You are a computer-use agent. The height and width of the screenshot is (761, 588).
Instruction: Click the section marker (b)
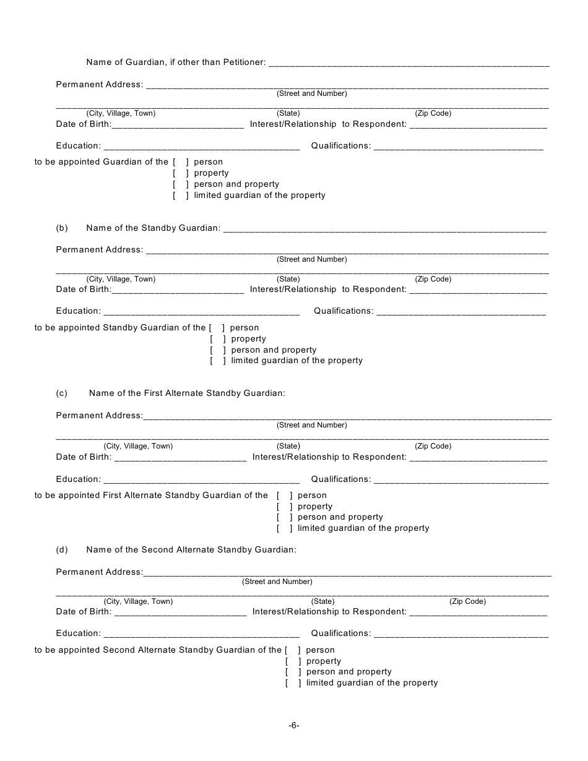(62, 228)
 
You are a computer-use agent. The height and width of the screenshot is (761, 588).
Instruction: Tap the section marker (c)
(62, 393)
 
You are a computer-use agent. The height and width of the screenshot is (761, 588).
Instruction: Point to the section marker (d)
(62, 549)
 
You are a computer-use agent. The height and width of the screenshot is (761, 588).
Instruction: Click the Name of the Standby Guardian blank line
(384, 229)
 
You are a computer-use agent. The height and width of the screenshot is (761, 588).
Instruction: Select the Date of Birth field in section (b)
(178, 290)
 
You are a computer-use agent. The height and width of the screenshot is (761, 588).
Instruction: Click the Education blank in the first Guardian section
(202, 147)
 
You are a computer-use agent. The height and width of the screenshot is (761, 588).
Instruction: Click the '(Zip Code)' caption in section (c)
(433, 446)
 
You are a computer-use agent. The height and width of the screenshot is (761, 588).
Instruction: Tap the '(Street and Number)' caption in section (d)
(277, 582)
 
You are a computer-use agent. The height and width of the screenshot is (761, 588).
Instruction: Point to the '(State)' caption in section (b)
(288, 279)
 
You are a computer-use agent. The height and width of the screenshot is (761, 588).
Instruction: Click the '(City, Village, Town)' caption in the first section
(121, 113)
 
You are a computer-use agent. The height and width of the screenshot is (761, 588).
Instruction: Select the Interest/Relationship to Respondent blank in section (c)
(478, 458)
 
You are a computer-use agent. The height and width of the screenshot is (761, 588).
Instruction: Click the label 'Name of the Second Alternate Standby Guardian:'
(191, 549)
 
